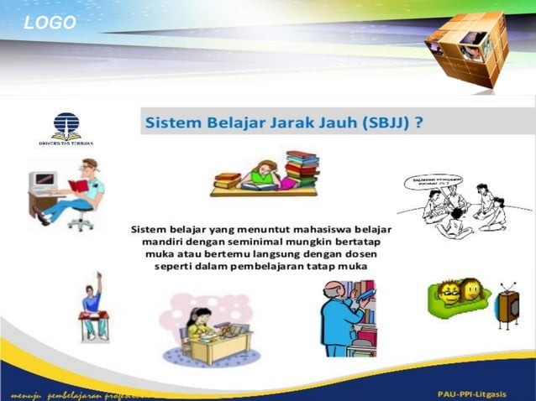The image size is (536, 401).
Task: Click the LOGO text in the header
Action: coord(50,23)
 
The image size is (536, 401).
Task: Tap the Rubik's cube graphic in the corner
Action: coord(467,49)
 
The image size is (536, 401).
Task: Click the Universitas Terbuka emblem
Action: coord(66,128)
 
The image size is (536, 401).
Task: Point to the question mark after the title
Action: coord(417,122)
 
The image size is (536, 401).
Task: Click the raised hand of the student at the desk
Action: coord(98,277)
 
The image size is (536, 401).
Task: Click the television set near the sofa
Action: coord(507,308)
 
